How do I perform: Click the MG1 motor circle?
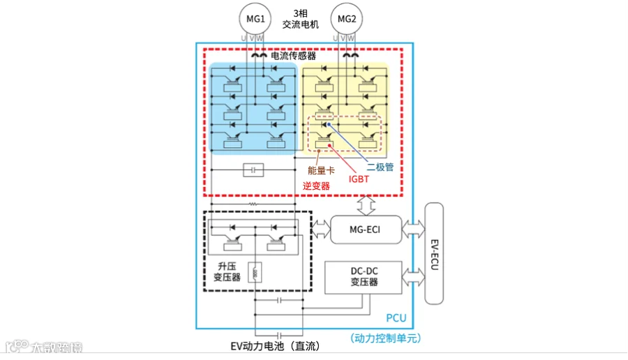point(253,18)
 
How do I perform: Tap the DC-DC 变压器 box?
point(364,277)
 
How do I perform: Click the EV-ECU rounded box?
point(434,253)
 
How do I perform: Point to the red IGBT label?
point(359,179)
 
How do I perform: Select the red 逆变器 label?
point(316,186)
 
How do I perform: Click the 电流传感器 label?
point(293,54)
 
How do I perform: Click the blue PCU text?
point(396,318)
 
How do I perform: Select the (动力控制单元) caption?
point(386,338)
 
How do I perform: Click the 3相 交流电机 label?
point(300,19)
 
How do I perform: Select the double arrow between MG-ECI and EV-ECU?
point(412,228)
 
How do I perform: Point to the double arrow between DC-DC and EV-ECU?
point(412,277)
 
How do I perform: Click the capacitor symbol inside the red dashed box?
point(253,169)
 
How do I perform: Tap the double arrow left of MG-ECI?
point(320,228)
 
